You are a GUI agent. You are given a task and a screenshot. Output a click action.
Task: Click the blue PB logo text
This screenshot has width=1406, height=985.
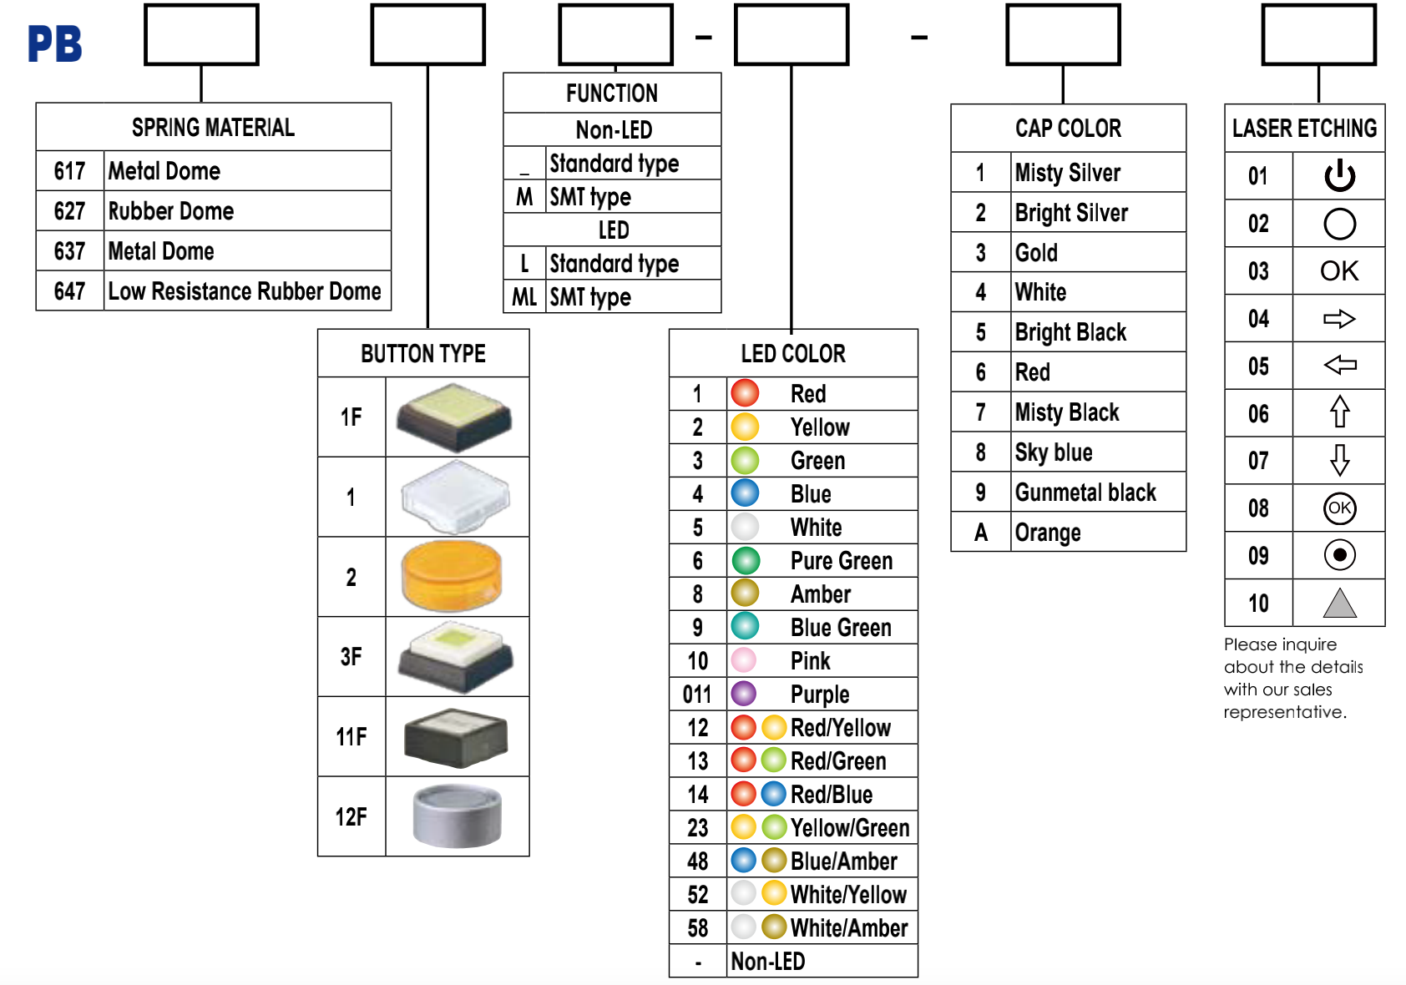point(54,43)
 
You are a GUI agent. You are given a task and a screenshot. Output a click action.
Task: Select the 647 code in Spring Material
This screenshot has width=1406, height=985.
point(69,291)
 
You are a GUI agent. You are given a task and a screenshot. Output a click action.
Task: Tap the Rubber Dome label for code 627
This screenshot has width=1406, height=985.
point(170,211)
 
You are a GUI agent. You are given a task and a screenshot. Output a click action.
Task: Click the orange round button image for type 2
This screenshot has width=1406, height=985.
point(452,577)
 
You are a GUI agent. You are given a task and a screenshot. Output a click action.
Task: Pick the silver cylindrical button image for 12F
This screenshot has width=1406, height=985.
point(457,816)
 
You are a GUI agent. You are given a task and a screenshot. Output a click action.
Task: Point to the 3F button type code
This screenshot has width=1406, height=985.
point(351,657)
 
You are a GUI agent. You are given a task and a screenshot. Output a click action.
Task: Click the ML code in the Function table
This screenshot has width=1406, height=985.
point(524,297)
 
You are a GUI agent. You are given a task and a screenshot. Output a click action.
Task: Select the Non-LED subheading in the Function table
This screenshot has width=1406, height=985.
point(614,130)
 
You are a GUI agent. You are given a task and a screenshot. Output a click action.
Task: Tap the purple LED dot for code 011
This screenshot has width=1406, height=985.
point(745,694)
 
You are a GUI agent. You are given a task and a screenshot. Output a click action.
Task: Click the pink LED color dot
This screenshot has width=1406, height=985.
point(745,660)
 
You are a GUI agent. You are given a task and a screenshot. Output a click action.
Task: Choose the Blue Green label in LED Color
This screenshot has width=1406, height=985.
point(841,628)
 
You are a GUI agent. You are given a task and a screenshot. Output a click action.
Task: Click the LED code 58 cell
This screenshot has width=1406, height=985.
point(698,928)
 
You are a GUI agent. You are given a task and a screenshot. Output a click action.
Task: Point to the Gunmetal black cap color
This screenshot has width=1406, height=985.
point(1085,492)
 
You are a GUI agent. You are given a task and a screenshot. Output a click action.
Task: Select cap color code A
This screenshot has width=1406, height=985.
point(980,533)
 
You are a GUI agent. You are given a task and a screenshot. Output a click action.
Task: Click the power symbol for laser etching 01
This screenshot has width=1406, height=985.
point(1339,175)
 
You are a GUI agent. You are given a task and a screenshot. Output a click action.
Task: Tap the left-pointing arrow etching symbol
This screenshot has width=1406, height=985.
point(1339,365)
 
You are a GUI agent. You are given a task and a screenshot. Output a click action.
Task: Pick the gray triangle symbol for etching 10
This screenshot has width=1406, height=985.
point(1339,604)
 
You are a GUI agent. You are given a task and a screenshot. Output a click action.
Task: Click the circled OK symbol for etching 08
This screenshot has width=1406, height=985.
point(1339,508)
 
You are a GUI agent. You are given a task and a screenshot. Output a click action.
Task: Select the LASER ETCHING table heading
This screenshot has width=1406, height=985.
point(1304,128)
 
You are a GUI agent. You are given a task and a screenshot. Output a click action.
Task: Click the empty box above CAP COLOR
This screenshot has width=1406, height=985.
point(1063,34)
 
